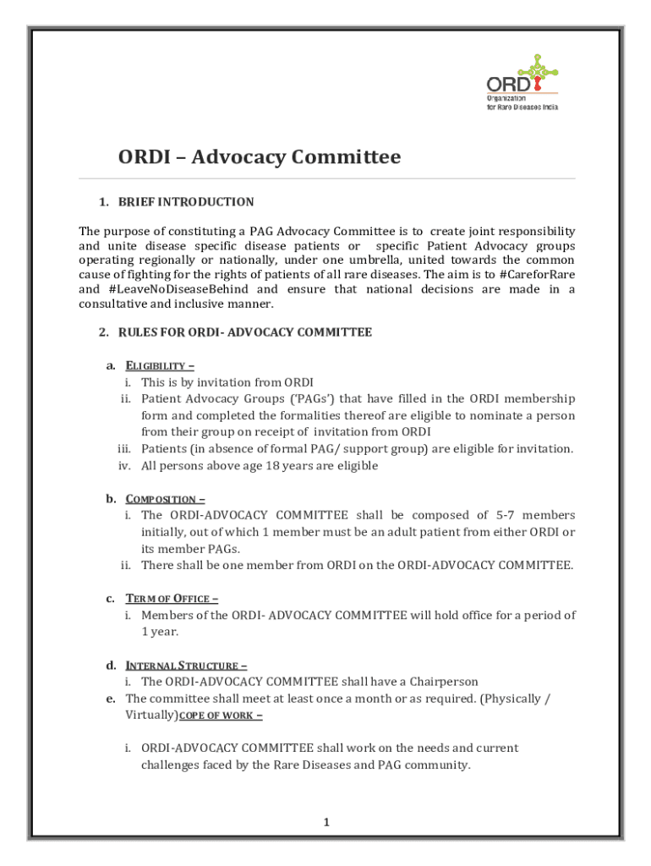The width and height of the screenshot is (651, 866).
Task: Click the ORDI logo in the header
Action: click(x=522, y=83)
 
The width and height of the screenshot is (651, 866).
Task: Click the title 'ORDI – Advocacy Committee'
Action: click(x=259, y=157)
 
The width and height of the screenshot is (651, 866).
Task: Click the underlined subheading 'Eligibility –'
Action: click(x=160, y=366)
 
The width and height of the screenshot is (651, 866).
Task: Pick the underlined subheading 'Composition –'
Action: click(x=165, y=499)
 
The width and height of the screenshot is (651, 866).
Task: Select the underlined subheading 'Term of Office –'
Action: click(x=172, y=599)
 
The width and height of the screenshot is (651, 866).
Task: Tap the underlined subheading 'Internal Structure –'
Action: click(x=186, y=666)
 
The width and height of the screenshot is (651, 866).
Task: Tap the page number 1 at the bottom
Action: click(x=325, y=821)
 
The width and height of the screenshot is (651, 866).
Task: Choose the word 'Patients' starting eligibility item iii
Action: click(x=163, y=449)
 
